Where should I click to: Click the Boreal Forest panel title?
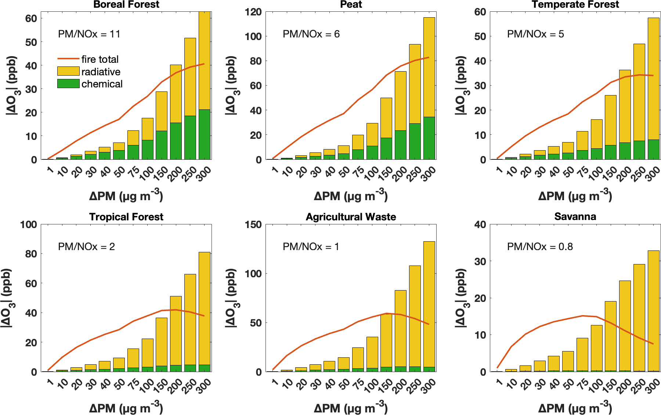(126, 4)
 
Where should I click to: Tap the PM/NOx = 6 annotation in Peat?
(311, 34)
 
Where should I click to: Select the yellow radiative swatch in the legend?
(68, 71)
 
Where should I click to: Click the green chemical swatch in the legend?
(68, 84)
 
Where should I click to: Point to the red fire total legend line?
(68, 59)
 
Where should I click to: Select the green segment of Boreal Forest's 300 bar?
(205, 134)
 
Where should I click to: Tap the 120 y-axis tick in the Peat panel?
(253, 12)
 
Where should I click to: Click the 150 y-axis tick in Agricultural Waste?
(253, 224)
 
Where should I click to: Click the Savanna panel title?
(575, 217)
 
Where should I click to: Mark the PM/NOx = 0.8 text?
(540, 247)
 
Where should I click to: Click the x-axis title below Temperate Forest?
(575, 196)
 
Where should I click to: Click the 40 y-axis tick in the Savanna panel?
(480, 224)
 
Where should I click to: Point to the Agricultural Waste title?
(351, 217)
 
